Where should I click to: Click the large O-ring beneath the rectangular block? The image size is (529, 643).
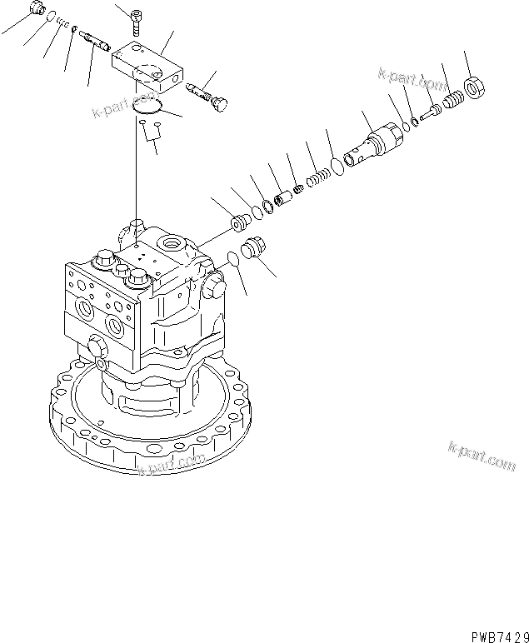point(149,106)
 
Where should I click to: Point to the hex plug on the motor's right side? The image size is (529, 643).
point(214,287)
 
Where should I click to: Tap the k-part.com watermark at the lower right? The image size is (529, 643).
point(482,456)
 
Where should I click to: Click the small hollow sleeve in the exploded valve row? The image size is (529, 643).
point(283,201)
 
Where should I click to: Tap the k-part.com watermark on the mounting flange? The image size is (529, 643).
point(172,465)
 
